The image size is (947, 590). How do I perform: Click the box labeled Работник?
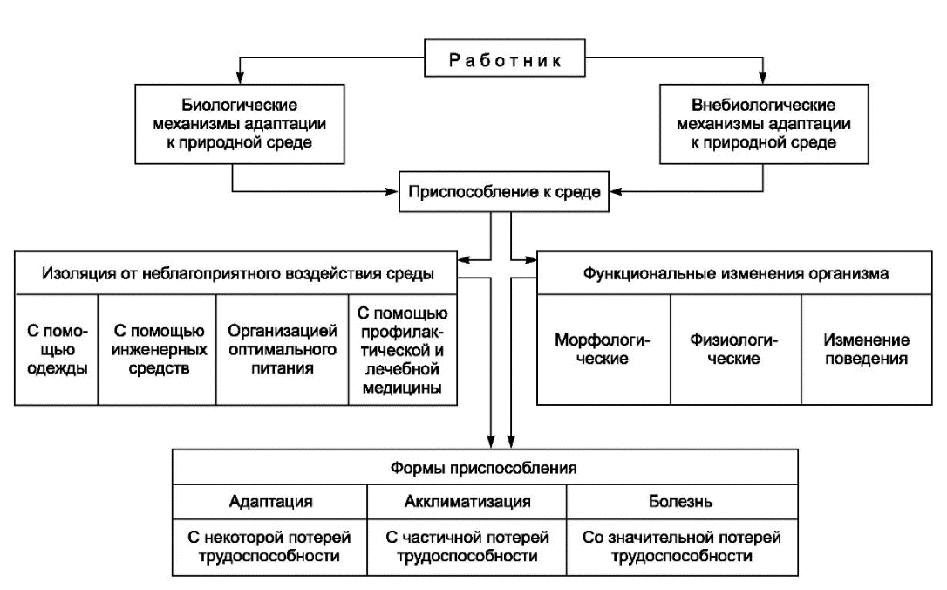pyautogui.click(x=504, y=58)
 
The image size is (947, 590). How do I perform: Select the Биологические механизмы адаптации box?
pyautogui.click(x=240, y=124)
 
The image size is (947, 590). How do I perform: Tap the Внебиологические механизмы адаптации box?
pyautogui.click(x=763, y=124)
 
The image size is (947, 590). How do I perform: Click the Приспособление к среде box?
pyautogui.click(x=504, y=192)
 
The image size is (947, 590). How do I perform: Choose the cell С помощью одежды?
pyautogui.click(x=56, y=350)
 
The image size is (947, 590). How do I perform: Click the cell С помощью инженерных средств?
pyautogui.click(x=157, y=350)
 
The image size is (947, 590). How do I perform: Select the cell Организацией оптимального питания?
pyautogui.click(x=282, y=350)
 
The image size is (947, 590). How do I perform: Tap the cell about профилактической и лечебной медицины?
pyautogui.click(x=403, y=350)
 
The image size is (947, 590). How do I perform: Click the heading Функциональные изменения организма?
pyautogui.click(x=734, y=273)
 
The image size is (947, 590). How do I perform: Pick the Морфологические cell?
pyautogui.click(x=603, y=350)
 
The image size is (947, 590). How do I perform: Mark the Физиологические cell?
pyautogui.click(x=736, y=350)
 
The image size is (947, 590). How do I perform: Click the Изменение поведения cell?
pyautogui.click(x=867, y=350)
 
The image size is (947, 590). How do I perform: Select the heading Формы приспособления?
pyautogui.click(x=484, y=467)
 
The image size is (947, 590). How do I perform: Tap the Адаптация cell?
pyautogui.click(x=270, y=502)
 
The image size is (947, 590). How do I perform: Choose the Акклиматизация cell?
pyautogui.click(x=467, y=502)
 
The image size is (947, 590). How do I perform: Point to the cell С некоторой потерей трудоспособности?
pyautogui.click(x=270, y=547)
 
